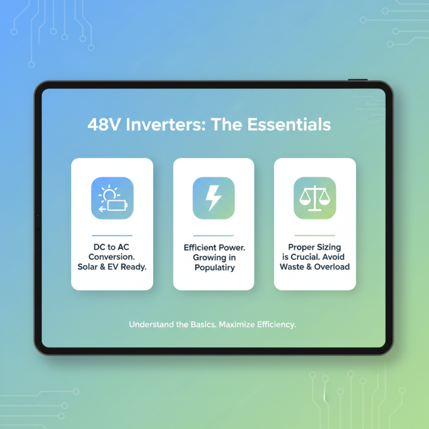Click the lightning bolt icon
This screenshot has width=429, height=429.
pos(213,198)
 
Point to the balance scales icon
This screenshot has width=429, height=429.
pos(314,198)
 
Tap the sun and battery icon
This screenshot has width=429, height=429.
pos(112,198)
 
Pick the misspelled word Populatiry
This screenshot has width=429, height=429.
pos(213,267)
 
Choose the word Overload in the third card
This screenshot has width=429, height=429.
pos(332,267)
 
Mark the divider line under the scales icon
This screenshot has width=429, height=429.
pos(314,235)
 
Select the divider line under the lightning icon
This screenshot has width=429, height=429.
pos(213,235)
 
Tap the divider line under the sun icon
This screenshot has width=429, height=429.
pos(112,235)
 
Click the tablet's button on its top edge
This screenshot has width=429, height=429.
pos(357,79)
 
